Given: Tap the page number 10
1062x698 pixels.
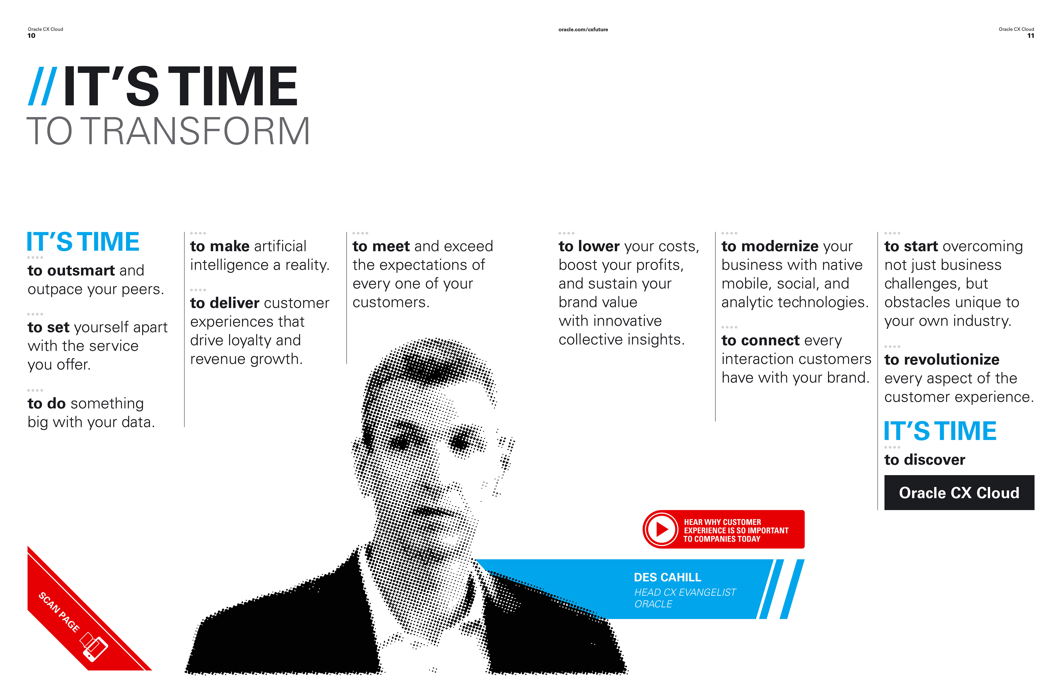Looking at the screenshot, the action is (31, 36).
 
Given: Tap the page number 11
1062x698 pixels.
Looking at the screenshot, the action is (1030, 36).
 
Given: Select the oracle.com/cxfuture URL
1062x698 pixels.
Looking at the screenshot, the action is (583, 30).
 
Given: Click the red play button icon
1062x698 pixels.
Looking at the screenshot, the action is (661, 529).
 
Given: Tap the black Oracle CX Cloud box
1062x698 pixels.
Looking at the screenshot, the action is (959, 493).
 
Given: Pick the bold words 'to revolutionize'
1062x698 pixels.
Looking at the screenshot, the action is (941, 360).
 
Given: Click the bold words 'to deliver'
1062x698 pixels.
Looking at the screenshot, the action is (225, 303).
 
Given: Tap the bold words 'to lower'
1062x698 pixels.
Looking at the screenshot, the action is (589, 246).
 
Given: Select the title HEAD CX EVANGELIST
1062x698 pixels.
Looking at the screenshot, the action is (685, 592).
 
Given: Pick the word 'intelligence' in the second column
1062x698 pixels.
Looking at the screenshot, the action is (229, 265).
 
